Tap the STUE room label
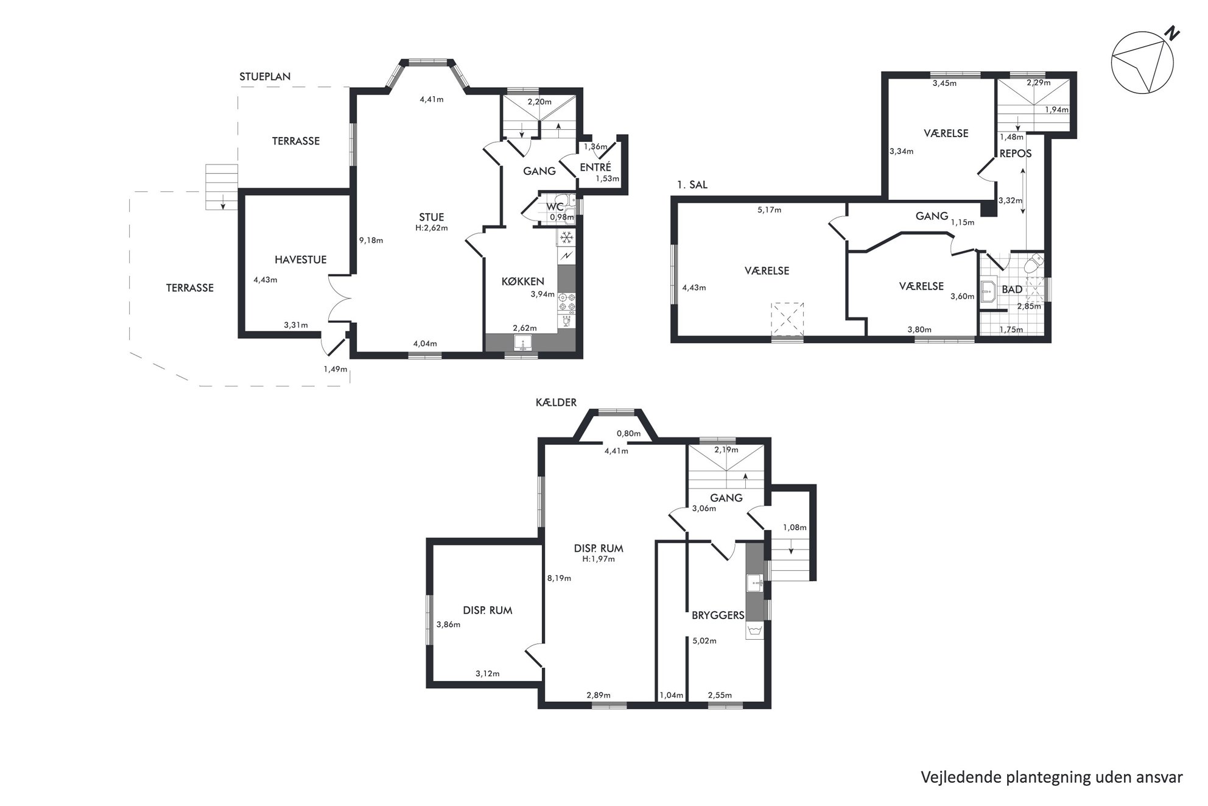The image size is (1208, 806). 431,217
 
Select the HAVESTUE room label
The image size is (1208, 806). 300,260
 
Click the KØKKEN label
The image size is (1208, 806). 522,281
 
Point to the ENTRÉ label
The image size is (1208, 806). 595,167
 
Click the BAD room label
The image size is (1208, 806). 1012,289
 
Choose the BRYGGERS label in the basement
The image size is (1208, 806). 718,615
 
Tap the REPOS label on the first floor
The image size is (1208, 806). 1016,154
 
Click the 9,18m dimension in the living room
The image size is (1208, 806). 371,240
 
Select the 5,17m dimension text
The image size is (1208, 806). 769,210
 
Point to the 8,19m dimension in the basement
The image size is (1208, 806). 559,578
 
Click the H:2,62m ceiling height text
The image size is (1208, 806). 432,228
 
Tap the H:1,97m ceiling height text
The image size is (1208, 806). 599,559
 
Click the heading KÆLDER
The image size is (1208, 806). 556,402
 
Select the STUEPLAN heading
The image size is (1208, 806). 265,77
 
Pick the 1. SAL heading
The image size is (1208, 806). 692,185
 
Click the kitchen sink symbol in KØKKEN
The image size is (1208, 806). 522,344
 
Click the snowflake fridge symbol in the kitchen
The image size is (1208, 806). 566,237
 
